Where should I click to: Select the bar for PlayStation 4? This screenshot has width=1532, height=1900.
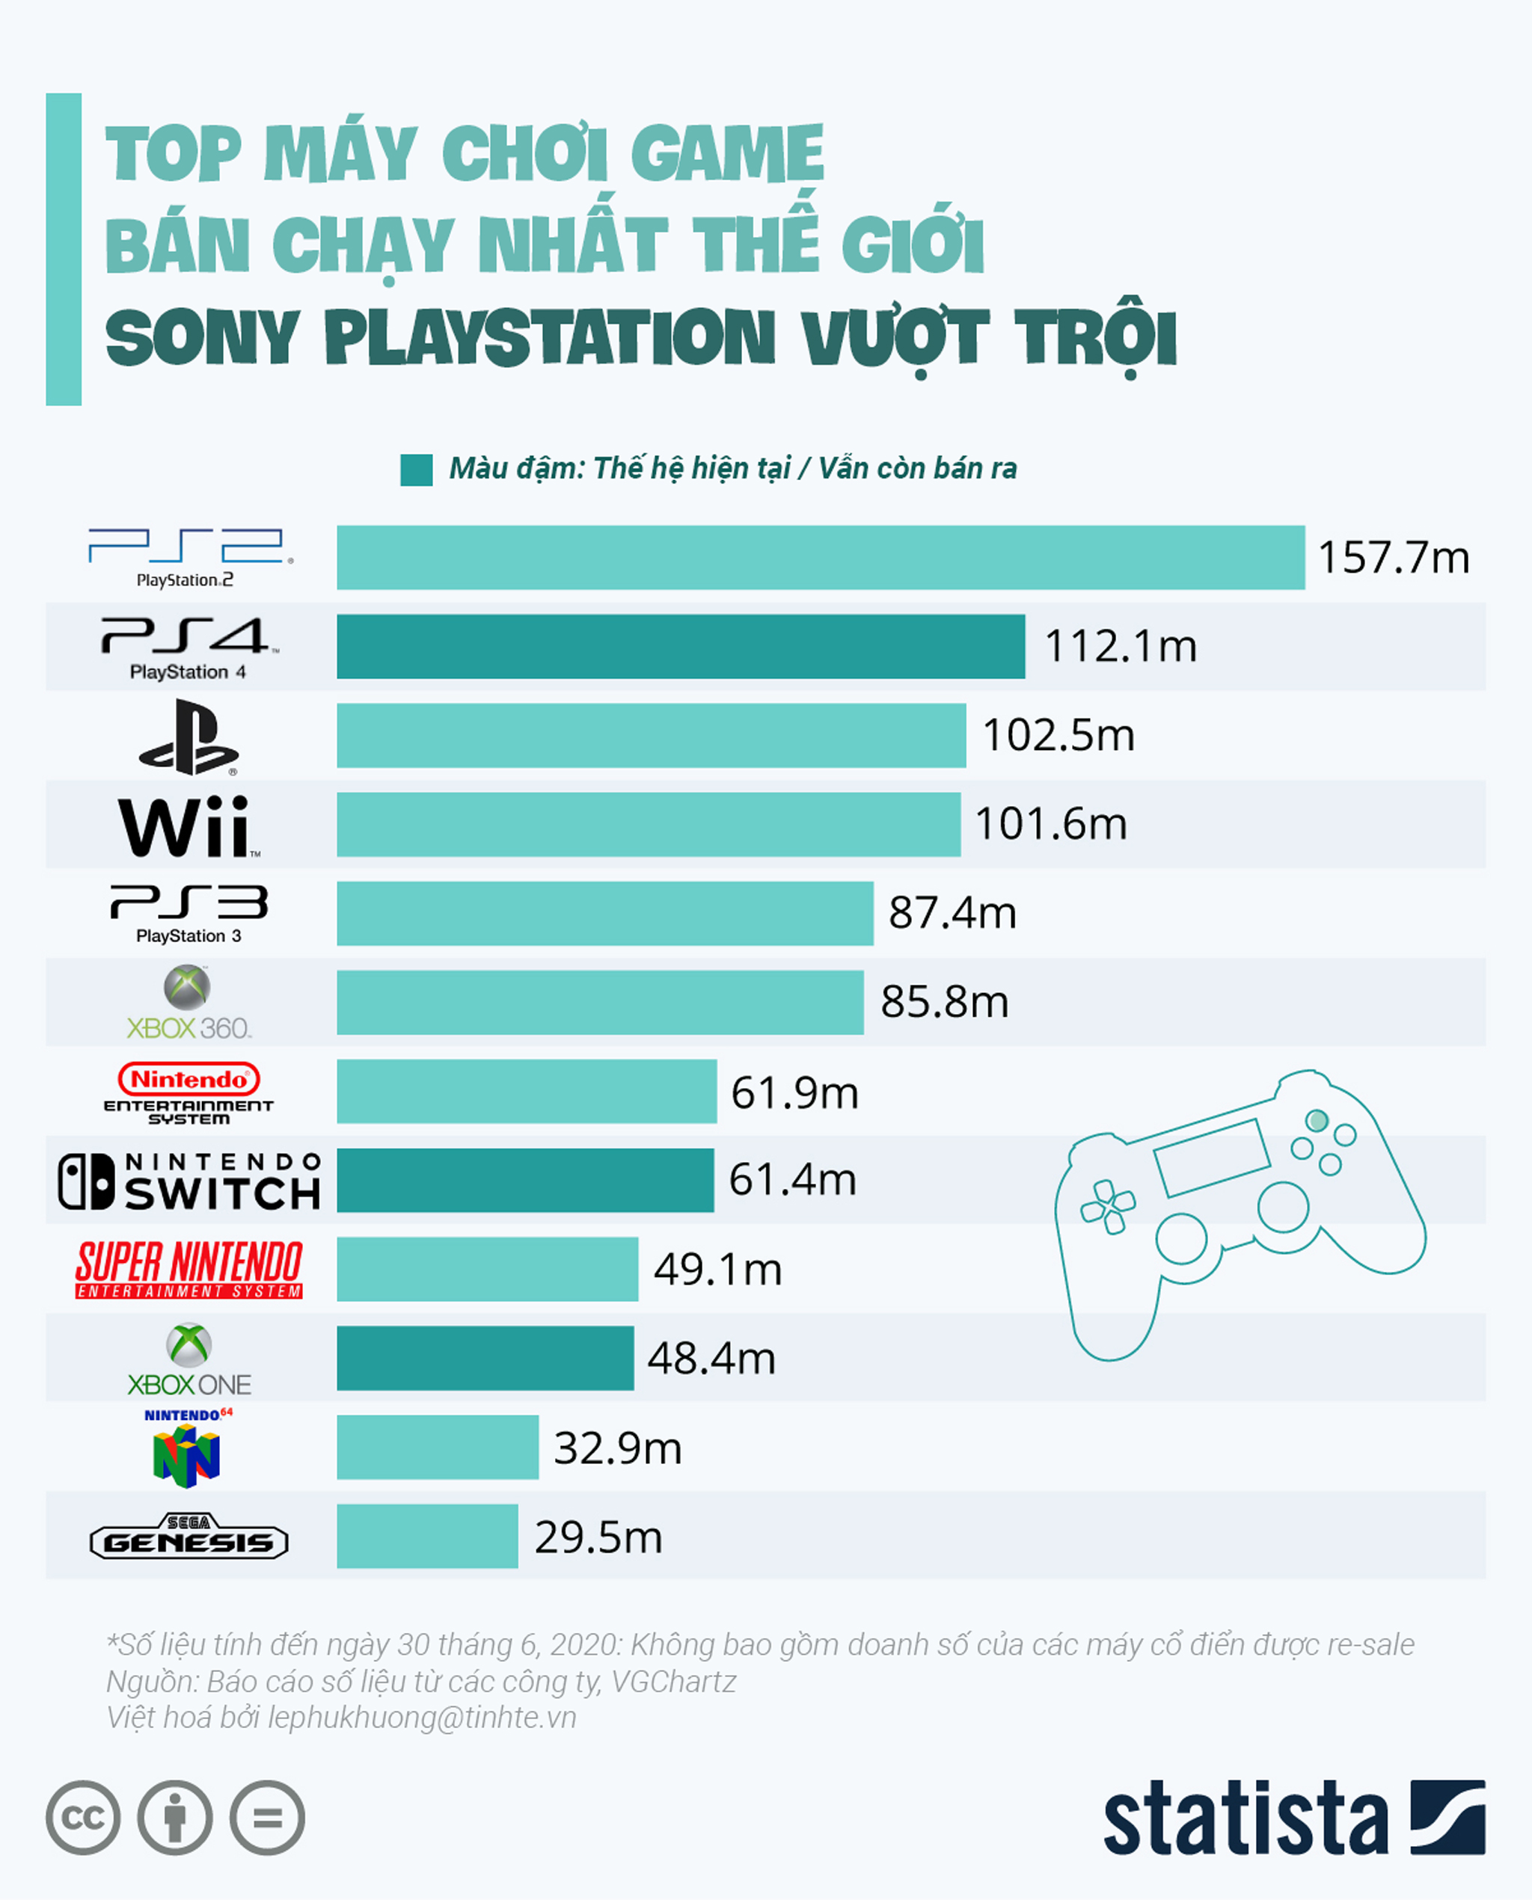[681, 647]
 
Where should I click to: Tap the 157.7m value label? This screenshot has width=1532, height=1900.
[1393, 558]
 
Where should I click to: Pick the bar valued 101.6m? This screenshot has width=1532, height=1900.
[649, 825]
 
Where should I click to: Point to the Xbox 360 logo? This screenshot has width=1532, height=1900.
[188, 1003]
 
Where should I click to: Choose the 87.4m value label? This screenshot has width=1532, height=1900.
[952, 913]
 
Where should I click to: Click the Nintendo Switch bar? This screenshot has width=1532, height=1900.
[525, 1180]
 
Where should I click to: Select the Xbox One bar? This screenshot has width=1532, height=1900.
[485, 1359]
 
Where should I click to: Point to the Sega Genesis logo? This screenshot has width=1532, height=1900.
[189, 1537]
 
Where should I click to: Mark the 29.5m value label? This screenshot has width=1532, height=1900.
[598, 1537]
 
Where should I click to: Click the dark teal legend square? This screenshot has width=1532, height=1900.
[416, 470]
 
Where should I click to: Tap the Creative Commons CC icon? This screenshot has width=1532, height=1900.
[83, 1818]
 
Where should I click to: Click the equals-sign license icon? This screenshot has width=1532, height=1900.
[266, 1818]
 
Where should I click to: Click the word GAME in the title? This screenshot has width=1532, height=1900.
[727, 153]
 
